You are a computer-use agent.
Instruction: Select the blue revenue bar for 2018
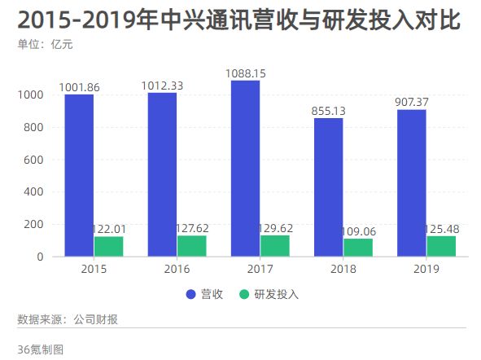328,187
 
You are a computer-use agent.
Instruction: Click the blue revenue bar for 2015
79,175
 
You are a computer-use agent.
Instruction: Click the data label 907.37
411,103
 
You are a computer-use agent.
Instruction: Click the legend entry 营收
205,294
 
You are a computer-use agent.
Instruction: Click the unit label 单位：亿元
45,44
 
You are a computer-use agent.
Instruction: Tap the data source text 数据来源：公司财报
68,319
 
